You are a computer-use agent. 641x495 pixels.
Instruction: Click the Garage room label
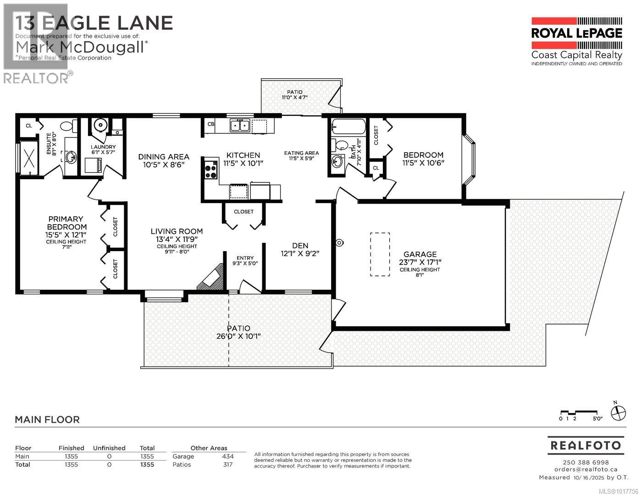pos(420,254)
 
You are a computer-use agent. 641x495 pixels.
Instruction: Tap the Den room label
pos(300,246)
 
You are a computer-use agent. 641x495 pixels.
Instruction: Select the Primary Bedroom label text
pos(66,223)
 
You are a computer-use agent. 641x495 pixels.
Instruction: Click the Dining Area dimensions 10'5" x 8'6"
pos(164,165)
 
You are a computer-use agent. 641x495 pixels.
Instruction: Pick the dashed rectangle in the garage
pos(380,254)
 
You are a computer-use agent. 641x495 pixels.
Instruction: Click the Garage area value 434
pos(227,456)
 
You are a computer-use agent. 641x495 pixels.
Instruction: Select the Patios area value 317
pos(227,464)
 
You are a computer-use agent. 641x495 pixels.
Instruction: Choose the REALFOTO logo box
pos(586,445)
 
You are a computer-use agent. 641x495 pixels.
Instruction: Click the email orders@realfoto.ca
pos(586,469)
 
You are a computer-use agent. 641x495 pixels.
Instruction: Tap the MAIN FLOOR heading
pos(47,419)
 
